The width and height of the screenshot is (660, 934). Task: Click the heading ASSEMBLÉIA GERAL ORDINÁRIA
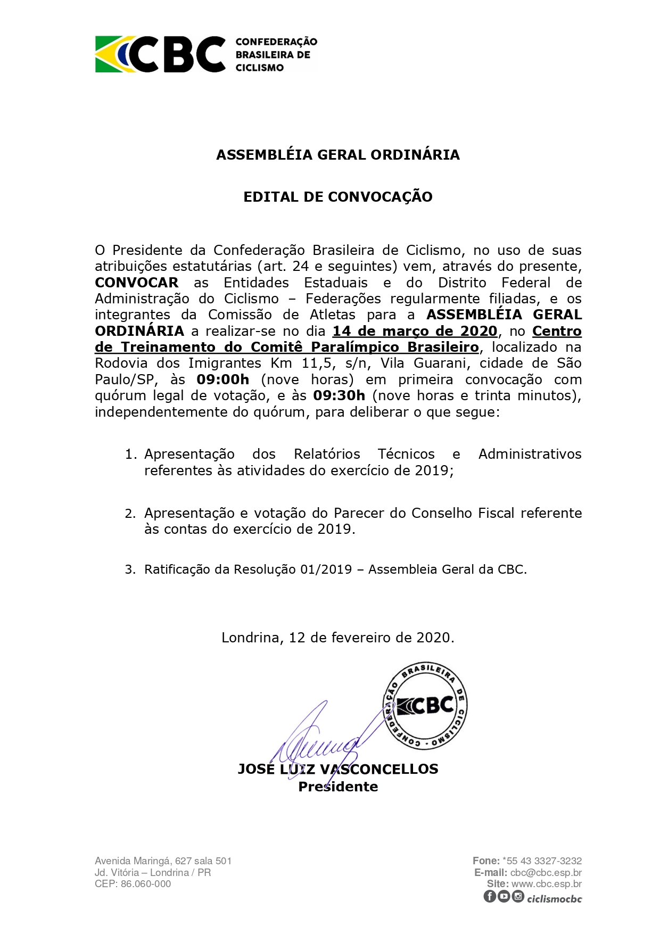pyautogui.click(x=338, y=155)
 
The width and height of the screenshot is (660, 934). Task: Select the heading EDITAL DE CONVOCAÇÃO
pyautogui.click(x=338, y=197)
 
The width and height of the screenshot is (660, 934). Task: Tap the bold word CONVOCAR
pyautogui.click(x=137, y=283)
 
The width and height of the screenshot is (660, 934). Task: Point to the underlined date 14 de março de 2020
pyautogui.click(x=415, y=331)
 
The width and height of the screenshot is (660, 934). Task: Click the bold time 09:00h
pyautogui.click(x=222, y=379)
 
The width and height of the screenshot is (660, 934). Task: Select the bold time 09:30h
pyautogui.click(x=339, y=395)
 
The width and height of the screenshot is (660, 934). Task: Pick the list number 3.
pyautogui.click(x=130, y=569)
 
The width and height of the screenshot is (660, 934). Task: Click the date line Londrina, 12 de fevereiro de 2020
pyautogui.click(x=338, y=638)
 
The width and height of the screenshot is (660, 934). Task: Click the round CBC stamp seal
pyautogui.click(x=425, y=706)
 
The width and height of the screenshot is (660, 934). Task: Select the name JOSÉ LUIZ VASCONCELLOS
pyautogui.click(x=338, y=769)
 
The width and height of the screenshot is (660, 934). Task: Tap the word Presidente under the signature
pyautogui.click(x=338, y=787)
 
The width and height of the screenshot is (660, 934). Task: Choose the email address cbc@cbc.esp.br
pyautogui.click(x=546, y=872)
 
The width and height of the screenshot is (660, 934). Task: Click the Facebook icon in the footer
pyautogui.click(x=490, y=896)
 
